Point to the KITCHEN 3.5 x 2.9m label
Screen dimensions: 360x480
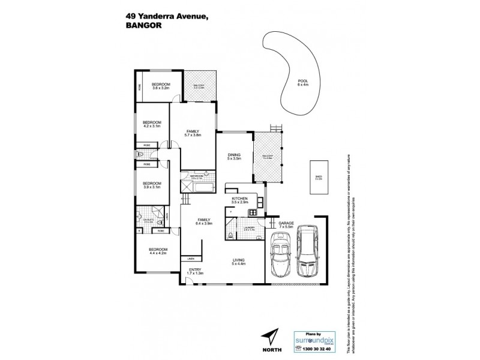coord(239,199)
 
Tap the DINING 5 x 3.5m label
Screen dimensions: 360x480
coord(233,157)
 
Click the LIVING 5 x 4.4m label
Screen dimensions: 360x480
coord(239,261)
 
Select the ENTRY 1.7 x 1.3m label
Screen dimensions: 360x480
coord(195,271)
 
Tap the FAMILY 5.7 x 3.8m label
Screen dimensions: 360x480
coord(193,133)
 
